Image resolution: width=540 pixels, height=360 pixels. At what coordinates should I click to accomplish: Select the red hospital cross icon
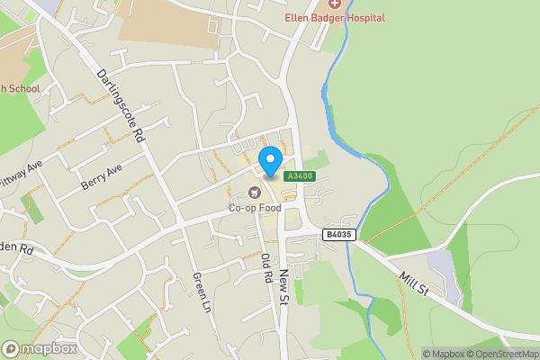pos(335,4)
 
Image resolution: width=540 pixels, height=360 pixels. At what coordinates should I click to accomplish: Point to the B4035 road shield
pos(337,234)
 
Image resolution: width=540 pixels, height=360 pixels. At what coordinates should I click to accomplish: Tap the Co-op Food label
pos(255,208)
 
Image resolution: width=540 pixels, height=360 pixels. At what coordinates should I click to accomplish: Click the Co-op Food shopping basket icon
pos(255,192)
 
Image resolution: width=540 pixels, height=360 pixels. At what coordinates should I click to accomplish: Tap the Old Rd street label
pos(266,268)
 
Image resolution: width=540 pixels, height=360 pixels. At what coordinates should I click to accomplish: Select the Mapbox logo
pos(40,348)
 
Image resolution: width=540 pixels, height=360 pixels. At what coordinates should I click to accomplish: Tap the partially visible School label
pos(20,88)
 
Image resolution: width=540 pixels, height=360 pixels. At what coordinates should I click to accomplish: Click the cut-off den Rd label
pos(16,247)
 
